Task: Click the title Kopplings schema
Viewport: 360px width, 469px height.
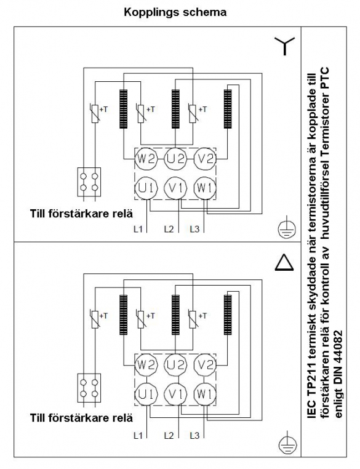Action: (175, 12)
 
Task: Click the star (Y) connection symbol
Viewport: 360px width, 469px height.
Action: (285, 46)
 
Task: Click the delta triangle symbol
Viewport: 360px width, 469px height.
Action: (284, 262)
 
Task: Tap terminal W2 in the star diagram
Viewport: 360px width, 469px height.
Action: (146, 158)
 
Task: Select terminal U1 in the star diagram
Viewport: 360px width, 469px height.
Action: (146, 188)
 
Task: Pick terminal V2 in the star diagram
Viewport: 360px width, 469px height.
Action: (205, 158)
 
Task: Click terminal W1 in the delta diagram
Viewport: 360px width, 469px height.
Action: (205, 395)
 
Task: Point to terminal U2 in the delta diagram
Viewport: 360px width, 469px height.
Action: (175, 365)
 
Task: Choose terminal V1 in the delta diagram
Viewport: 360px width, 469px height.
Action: (175, 395)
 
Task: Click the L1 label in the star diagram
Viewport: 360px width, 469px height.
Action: (138, 230)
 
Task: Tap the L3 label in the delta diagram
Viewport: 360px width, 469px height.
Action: (194, 436)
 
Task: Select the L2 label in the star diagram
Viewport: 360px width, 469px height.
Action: (169, 230)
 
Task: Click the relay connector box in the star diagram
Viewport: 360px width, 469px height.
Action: (89, 182)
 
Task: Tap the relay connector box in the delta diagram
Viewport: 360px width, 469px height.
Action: (89, 388)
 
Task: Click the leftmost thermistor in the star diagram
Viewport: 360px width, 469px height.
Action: (95, 113)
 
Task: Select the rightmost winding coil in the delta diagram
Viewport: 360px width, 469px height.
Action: (228, 315)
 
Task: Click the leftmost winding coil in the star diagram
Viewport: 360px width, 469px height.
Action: (123, 109)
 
